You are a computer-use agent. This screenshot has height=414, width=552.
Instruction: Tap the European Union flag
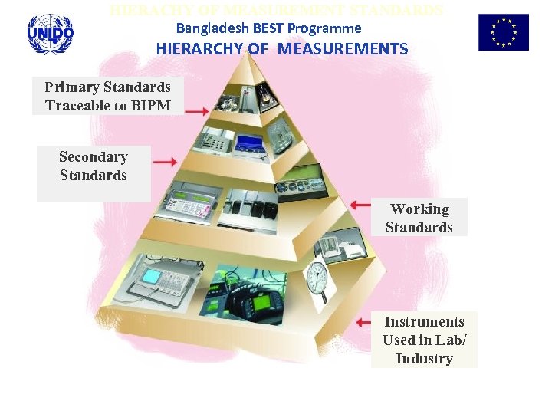click(503, 32)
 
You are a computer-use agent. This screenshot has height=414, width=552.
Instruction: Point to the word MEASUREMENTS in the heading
click(343, 50)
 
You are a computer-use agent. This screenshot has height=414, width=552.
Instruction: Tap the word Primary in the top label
click(71, 87)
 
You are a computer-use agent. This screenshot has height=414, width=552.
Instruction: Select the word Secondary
click(94, 157)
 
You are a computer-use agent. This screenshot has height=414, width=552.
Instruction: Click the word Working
click(419, 209)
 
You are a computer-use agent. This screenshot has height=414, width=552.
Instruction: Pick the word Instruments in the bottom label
click(424, 322)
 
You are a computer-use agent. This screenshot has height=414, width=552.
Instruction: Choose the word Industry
click(424, 359)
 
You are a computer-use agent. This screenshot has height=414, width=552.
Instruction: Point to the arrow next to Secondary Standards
click(164, 162)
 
